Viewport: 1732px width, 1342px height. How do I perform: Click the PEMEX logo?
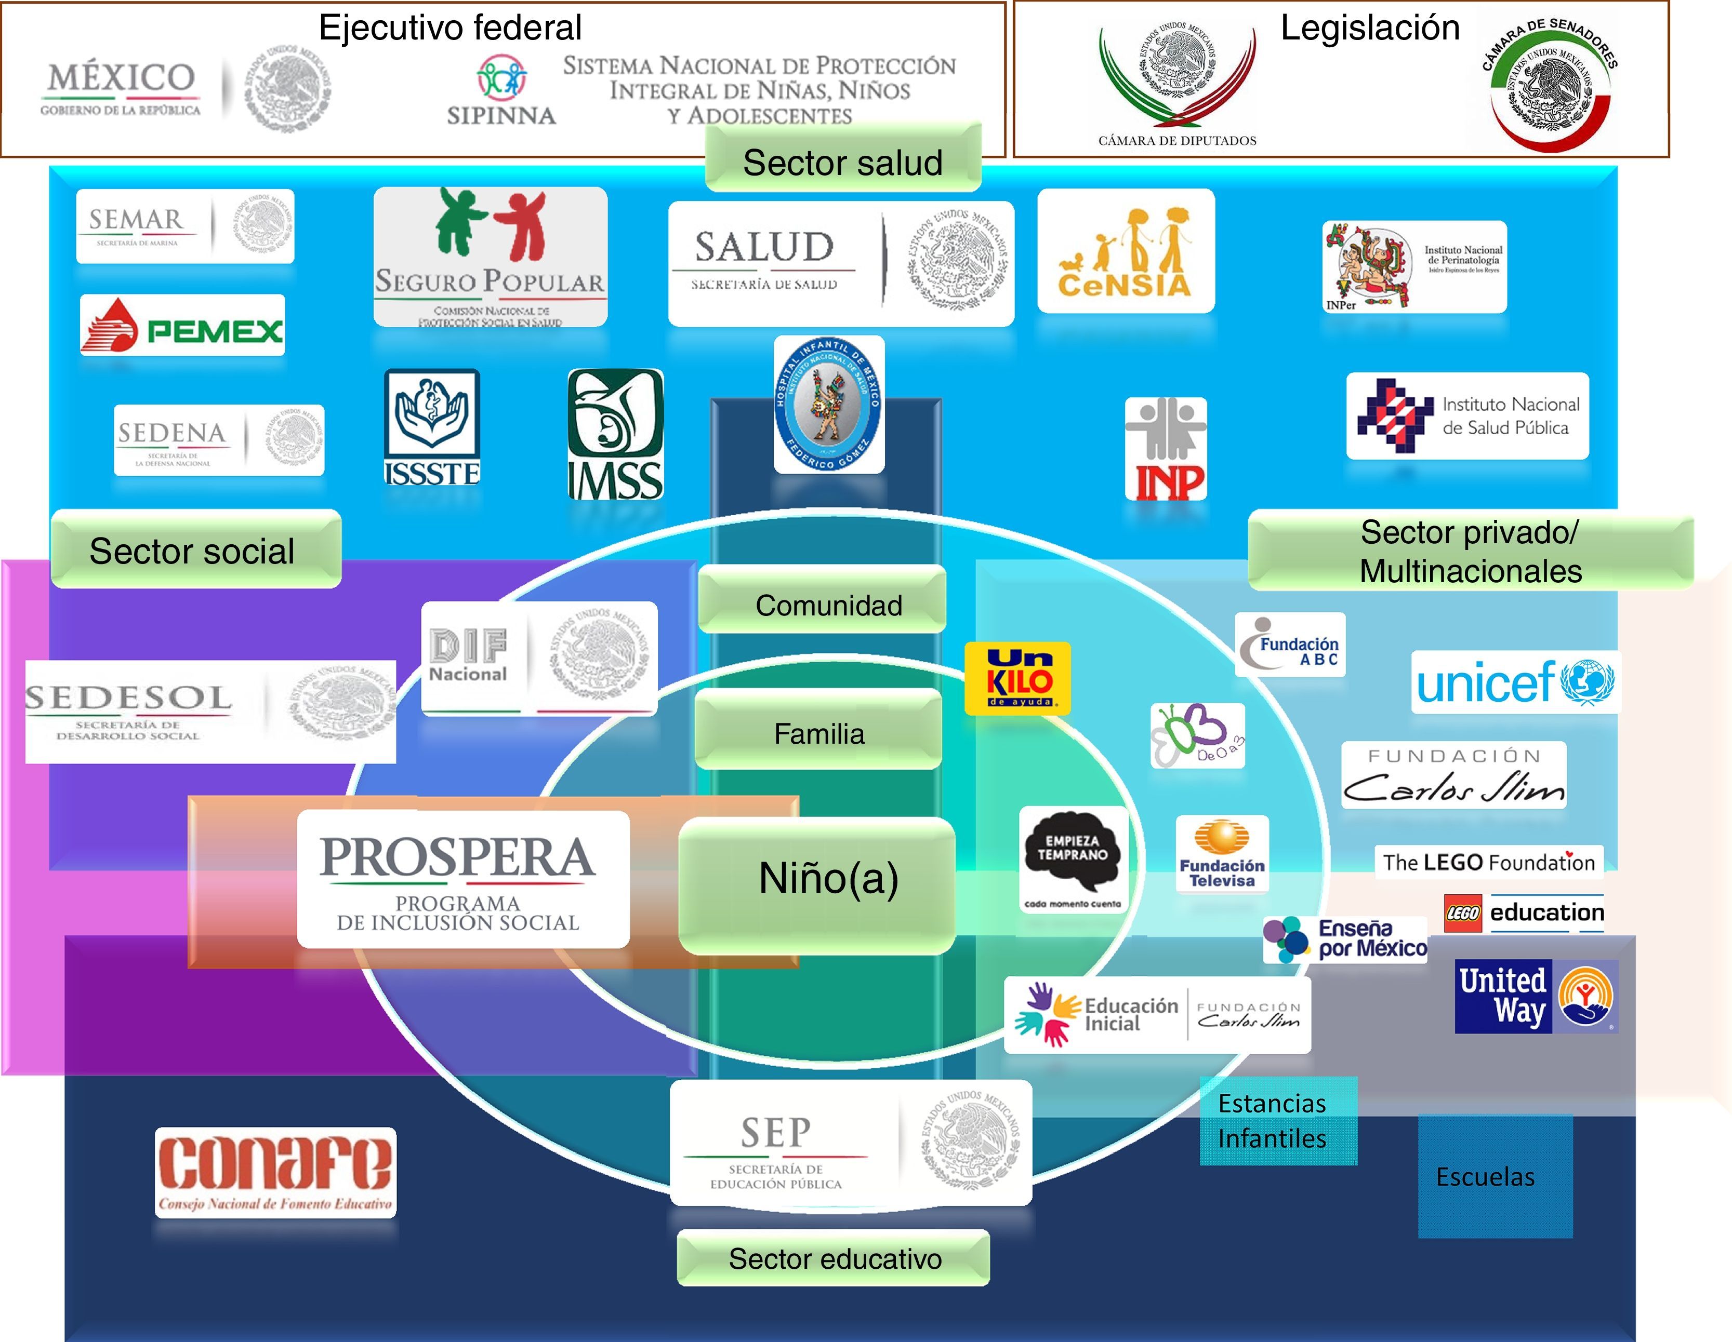point(182,326)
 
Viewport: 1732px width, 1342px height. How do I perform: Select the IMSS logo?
point(615,434)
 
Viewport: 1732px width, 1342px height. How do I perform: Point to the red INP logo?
point(1166,449)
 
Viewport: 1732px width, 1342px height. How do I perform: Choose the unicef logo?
point(1515,682)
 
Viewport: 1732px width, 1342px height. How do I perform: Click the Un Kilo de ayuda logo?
point(1017,678)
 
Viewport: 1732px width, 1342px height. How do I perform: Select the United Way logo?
point(1536,997)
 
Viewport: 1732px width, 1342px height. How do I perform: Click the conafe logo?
point(275,1172)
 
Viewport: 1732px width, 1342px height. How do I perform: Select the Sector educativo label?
point(834,1258)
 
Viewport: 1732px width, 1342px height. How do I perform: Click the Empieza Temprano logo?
point(1073,859)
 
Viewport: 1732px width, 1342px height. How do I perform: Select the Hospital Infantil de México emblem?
point(829,404)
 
